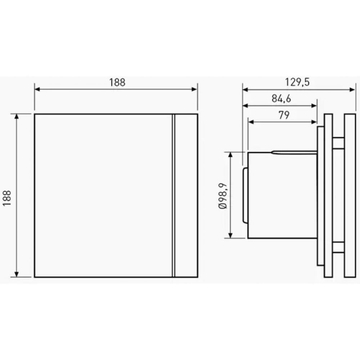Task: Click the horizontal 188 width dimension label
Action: pos(117,82)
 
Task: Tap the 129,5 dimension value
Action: pos(297,82)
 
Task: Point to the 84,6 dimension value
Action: pos(281,99)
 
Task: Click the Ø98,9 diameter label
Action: pos(222,195)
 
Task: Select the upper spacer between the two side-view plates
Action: pos(338,143)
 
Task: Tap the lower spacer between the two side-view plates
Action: pos(338,247)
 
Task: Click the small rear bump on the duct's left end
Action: pos(245,195)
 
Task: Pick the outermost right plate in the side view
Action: pos(350,195)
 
